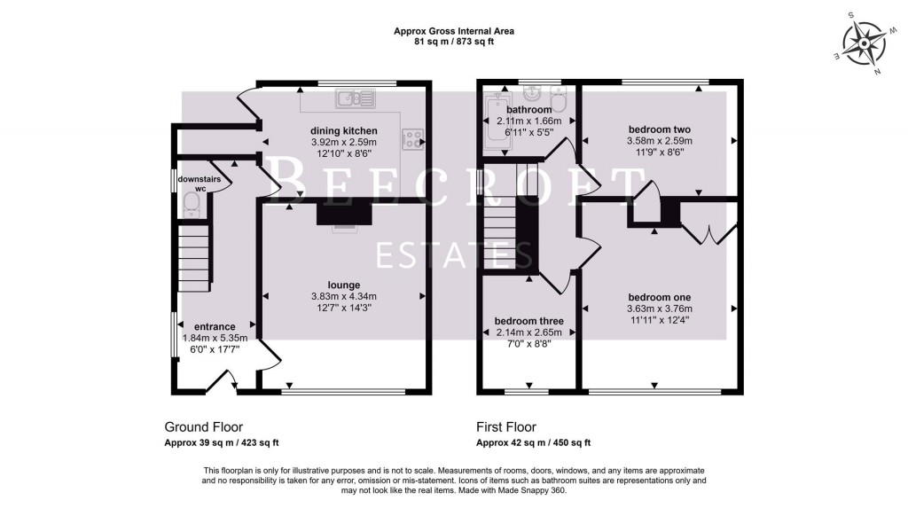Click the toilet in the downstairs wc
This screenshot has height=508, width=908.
[191, 205]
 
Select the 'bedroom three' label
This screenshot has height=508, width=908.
[528, 321]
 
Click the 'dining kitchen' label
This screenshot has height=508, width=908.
[343, 130]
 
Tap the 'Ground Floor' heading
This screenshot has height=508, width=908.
[204, 426]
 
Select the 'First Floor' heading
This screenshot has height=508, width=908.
[506, 426]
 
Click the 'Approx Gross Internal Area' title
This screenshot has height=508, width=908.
[453, 31]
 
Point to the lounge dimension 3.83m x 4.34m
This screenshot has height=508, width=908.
[344, 297]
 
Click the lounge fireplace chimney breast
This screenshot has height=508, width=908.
[344, 215]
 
